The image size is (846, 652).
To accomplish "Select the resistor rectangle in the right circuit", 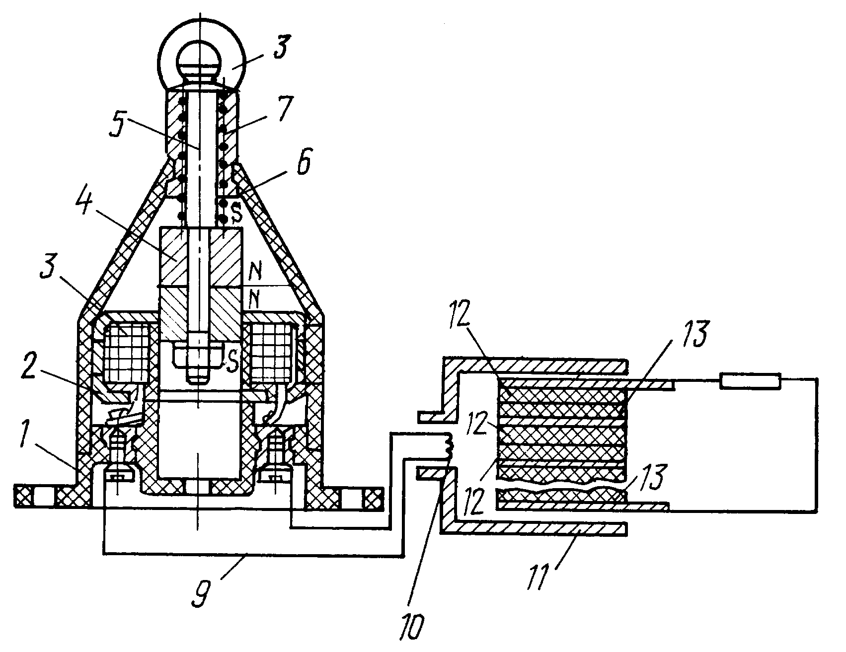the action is [x=751, y=381].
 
